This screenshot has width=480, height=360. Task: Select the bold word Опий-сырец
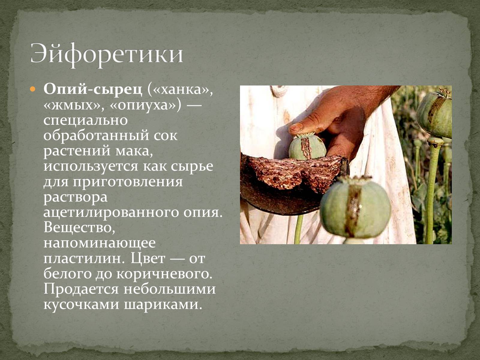(93, 90)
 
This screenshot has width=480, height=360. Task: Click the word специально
(85, 121)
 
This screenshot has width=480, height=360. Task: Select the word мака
(134, 151)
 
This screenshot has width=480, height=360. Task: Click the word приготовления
(128, 182)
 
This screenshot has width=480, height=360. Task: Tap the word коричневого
(164, 274)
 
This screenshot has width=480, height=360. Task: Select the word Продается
(81, 289)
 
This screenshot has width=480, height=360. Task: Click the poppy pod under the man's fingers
(307, 146)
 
